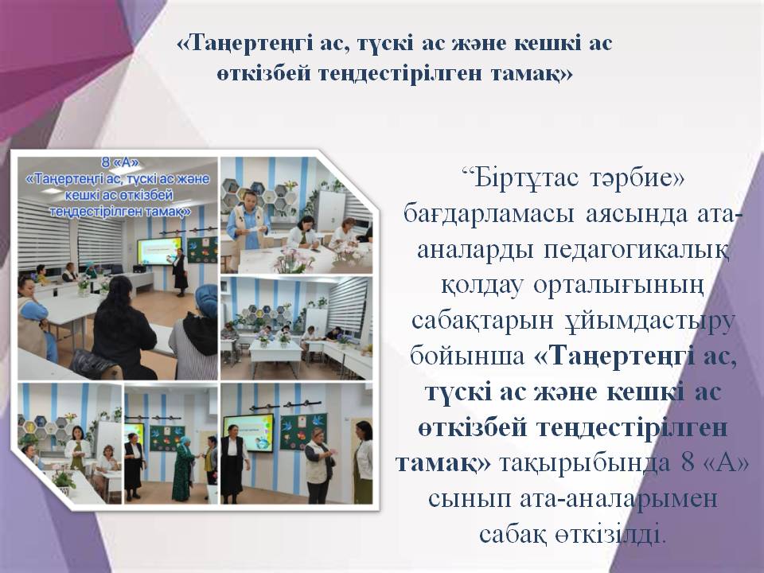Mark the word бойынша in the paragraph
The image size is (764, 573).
click(x=467, y=357)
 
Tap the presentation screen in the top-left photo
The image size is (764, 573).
click(x=158, y=251)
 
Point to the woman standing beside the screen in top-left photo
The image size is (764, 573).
click(x=180, y=272)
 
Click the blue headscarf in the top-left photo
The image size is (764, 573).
click(x=206, y=301)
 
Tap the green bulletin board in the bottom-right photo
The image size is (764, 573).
click(x=303, y=431)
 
